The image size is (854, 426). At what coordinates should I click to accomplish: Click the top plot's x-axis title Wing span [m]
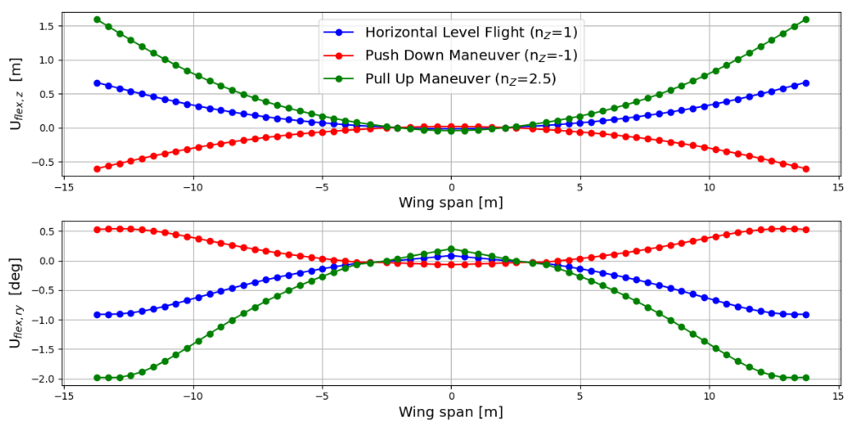click(451, 203)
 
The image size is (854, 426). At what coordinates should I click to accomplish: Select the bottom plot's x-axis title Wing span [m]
click(451, 412)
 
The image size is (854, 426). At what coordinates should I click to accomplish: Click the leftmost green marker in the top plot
click(97, 20)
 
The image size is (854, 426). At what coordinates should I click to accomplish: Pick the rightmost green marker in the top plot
click(806, 20)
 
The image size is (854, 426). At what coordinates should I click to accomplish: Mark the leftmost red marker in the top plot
click(97, 168)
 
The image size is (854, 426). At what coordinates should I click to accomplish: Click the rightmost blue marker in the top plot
click(806, 82)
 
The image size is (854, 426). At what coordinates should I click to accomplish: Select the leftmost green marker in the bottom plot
click(97, 378)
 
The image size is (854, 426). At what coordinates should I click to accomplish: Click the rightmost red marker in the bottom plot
click(806, 230)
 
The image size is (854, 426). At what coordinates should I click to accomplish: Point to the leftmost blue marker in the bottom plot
click(97, 315)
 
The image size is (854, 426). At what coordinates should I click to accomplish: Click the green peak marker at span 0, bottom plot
click(451, 249)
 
